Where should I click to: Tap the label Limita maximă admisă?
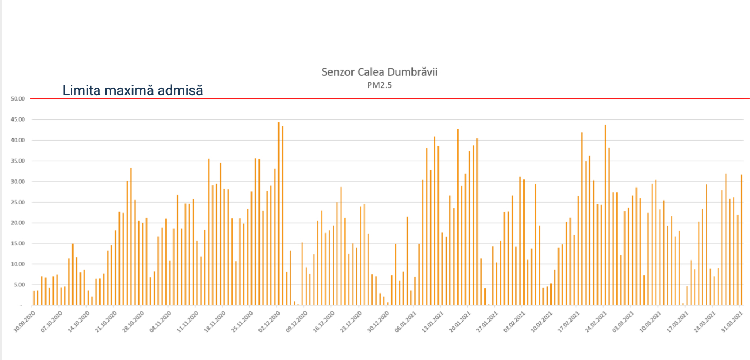point(132,90)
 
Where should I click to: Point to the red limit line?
point(433,98)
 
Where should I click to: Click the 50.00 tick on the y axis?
point(18,99)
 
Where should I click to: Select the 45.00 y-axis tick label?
point(18,119)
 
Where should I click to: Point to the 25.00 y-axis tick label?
point(18,202)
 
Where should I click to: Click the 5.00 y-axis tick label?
point(19,285)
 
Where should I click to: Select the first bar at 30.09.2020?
point(34,298)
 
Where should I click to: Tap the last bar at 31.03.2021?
point(741,240)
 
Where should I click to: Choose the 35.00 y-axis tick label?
point(18,161)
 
